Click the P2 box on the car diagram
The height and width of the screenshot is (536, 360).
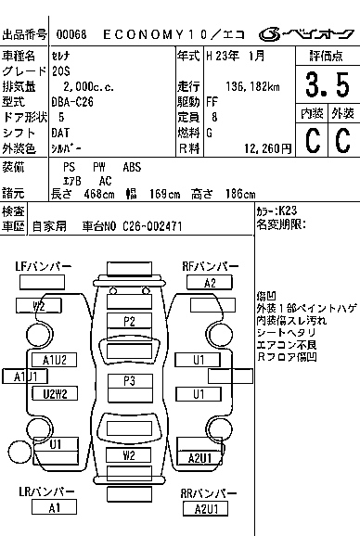[x=129, y=321]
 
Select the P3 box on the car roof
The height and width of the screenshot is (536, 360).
[x=129, y=381]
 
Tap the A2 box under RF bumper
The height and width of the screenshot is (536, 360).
[x=210, y=283]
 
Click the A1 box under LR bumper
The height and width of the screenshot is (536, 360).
[x=54, y=507]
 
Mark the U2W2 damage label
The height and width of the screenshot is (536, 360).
[x=54, y=394]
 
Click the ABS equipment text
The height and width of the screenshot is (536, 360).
[x=133, y=167]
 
